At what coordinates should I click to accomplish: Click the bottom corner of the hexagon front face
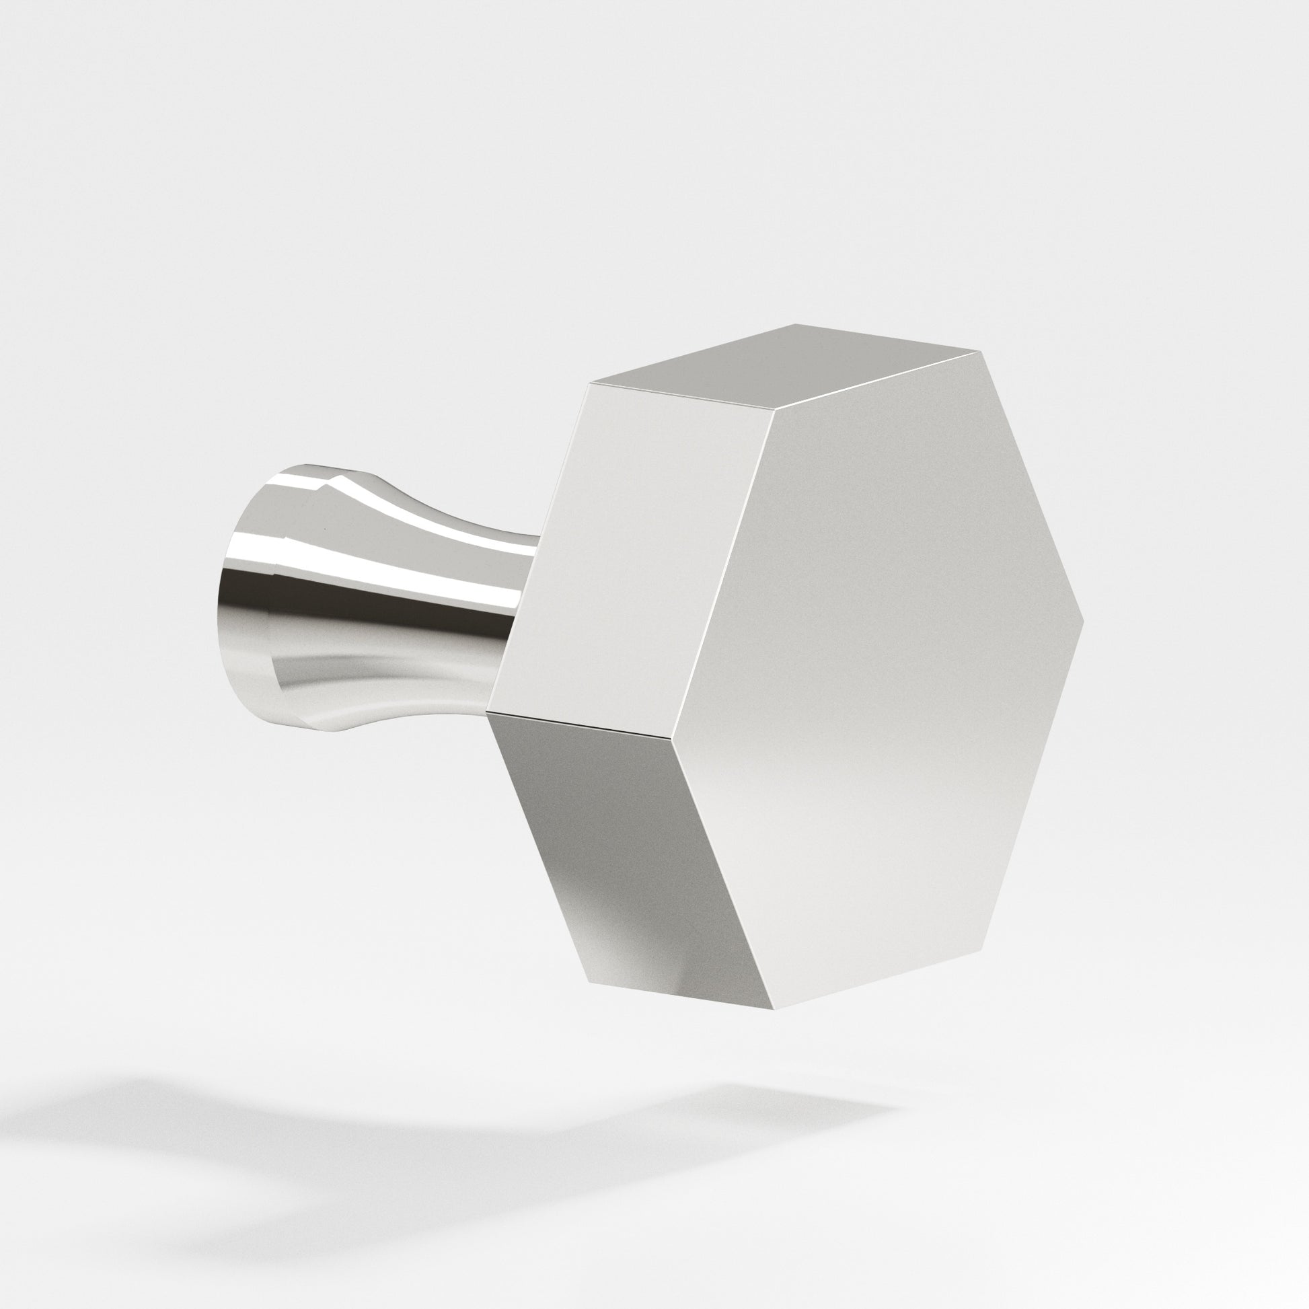772,1027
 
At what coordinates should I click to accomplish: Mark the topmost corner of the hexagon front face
980,352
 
